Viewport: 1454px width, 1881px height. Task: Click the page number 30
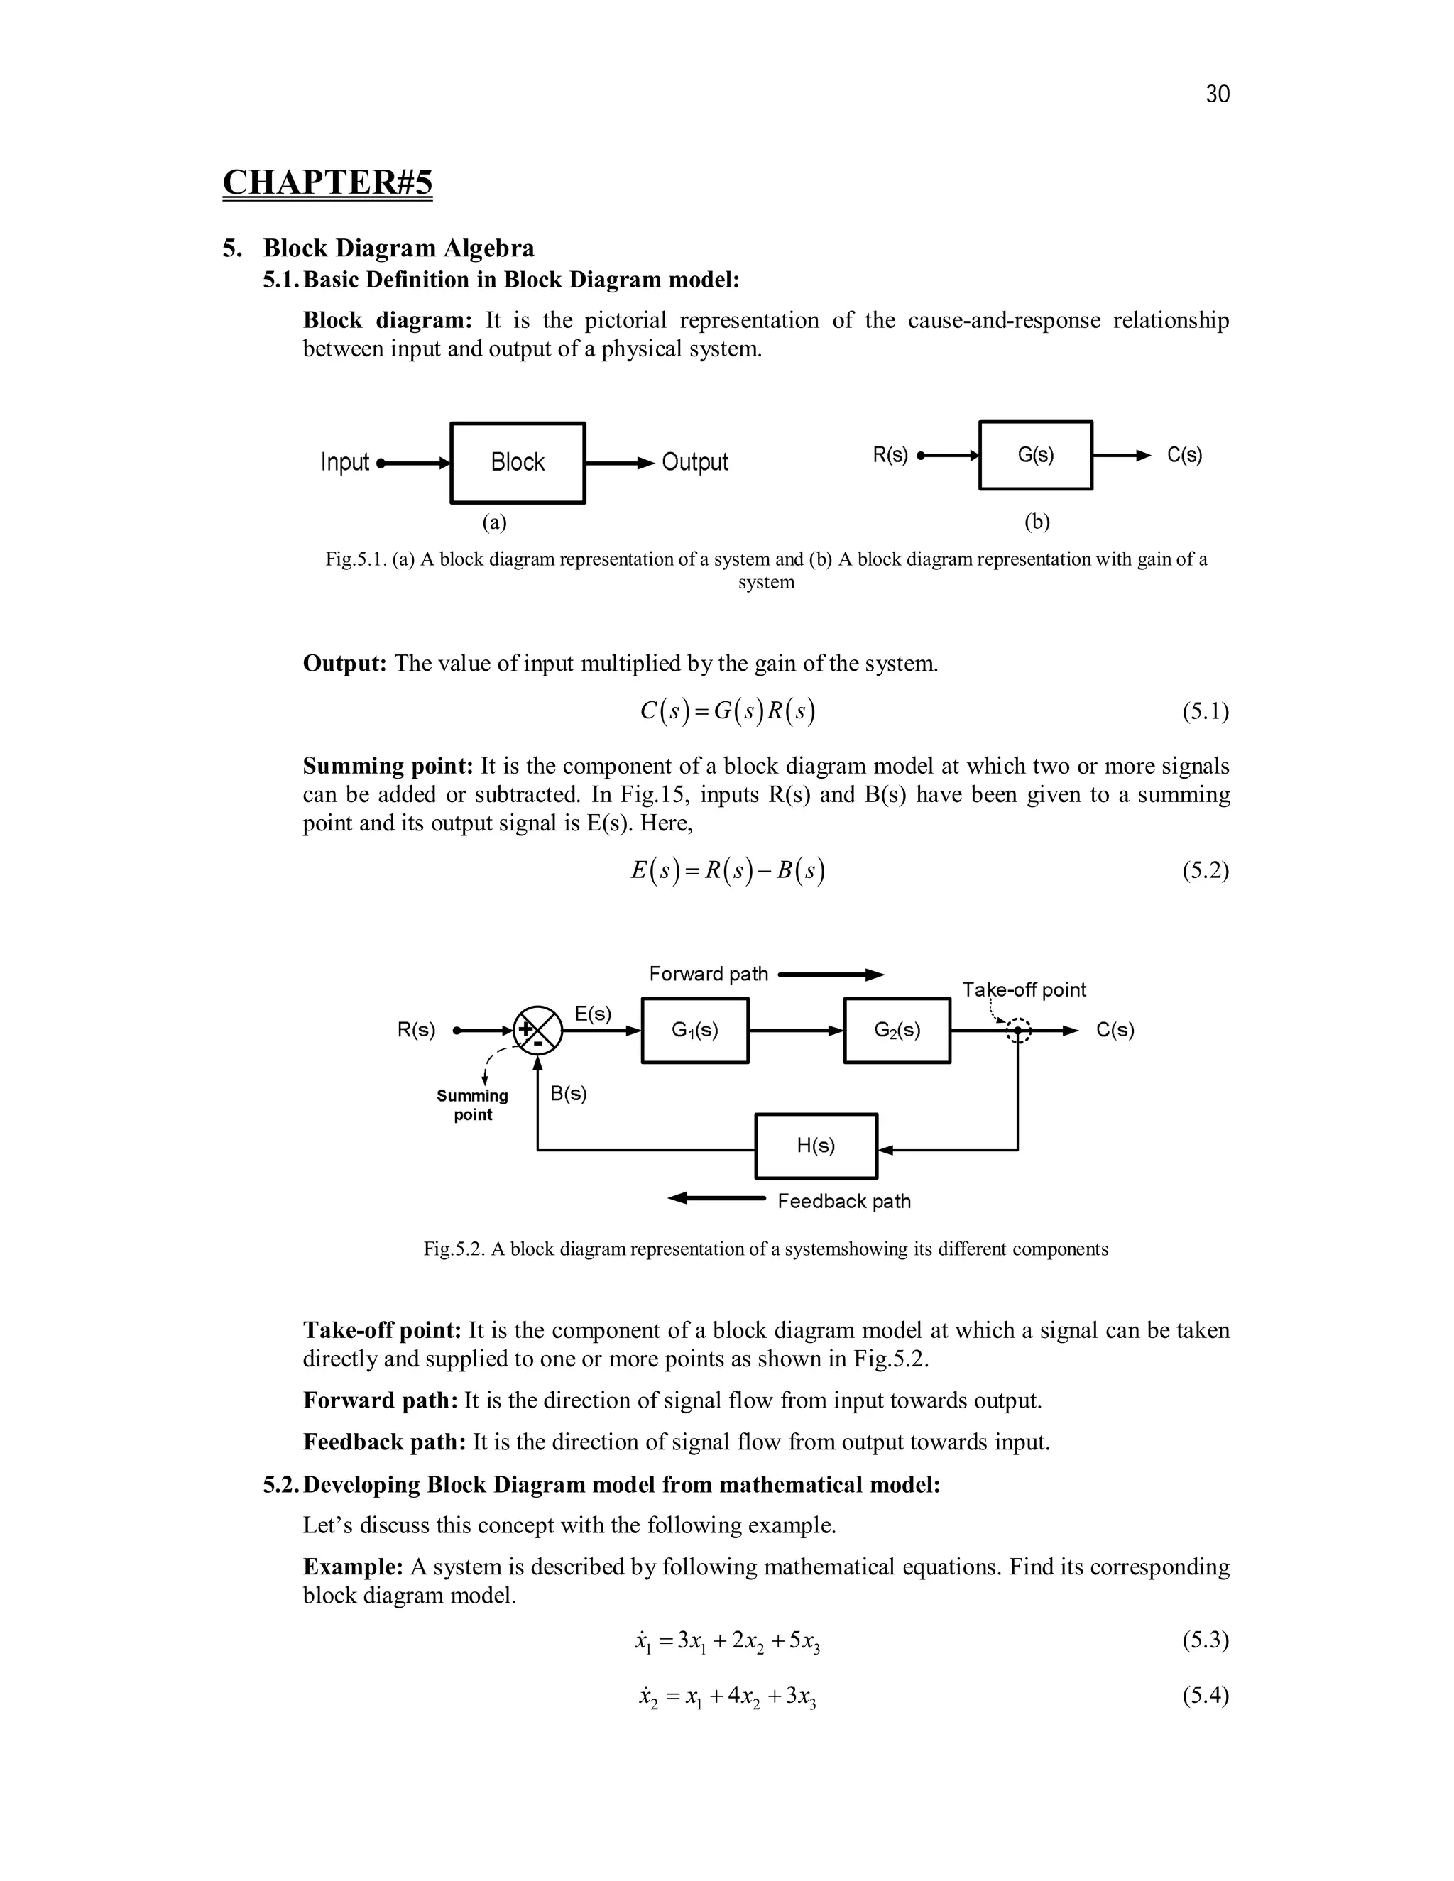[1217, 94]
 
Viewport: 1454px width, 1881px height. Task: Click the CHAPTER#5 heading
[327, 182]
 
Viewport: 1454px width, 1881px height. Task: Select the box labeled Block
[518, 463]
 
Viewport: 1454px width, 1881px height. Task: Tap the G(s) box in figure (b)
[1035, 455]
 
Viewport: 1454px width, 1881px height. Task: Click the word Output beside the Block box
[694, 463]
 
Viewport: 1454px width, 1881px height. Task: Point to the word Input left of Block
[344, 463]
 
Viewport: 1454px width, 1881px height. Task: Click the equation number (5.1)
[1205, 711]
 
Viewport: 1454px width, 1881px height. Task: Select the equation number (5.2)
[1205, 871]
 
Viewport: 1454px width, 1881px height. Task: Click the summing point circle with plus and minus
[537, 1030]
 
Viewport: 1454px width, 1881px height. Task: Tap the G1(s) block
[695, 1030]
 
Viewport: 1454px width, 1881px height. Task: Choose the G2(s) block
[897, 1030]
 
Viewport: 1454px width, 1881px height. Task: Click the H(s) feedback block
[816, 1146]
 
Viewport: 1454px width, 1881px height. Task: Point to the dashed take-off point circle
[1018, 1030]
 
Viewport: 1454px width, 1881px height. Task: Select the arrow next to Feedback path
[716, 1198]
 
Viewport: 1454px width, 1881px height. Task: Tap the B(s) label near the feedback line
[569, 1094]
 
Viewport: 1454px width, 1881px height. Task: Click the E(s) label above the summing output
[593, 1014]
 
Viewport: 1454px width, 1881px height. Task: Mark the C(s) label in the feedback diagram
[1115, 1030]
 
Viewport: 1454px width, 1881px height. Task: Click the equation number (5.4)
[1205, 1696]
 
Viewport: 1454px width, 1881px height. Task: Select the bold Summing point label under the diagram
[472, 1105]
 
